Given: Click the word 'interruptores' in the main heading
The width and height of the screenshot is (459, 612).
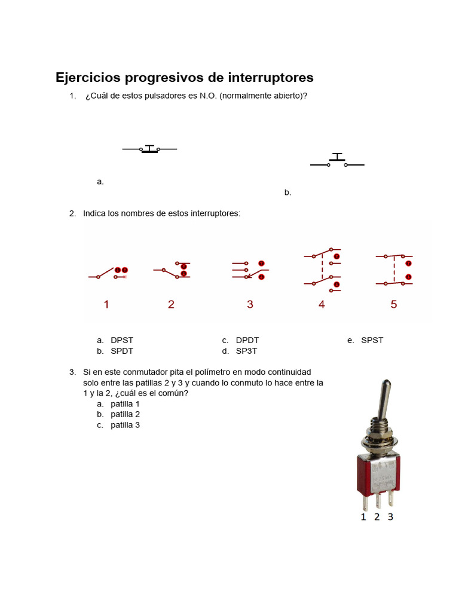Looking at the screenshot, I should (270, 78).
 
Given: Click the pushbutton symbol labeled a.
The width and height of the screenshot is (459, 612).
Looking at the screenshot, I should (149, 149).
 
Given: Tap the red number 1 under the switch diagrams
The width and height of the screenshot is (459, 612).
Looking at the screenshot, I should (106, 304).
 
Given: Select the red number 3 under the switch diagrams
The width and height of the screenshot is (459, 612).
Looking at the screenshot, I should (250, 304).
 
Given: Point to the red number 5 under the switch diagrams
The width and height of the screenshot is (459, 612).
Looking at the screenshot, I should (393, 304).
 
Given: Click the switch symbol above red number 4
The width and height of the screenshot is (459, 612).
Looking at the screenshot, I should (323, 270).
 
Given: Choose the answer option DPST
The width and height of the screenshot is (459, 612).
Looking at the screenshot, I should (122, 340).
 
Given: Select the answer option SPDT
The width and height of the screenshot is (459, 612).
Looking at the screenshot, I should (122, 351).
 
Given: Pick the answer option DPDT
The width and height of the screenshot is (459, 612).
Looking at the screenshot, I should (247, 340).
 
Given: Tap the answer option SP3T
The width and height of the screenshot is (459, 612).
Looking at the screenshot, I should (247, 351).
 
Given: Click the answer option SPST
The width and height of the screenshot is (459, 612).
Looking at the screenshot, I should (372, 340).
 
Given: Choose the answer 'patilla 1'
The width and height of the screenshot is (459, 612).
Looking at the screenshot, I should (126, 403).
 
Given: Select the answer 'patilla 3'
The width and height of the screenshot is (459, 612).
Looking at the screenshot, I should (126, 425).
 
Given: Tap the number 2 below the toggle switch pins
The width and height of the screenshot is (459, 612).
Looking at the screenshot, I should (377, 517).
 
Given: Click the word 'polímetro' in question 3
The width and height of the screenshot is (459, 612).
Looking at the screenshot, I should (209, 372).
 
